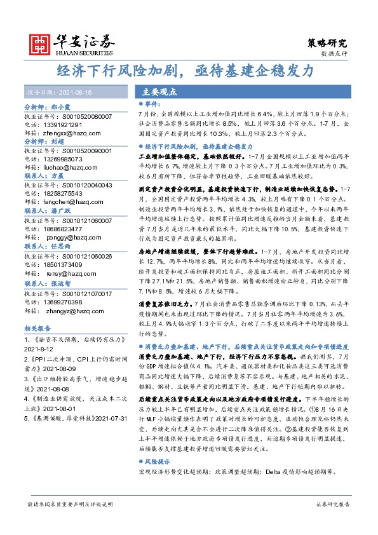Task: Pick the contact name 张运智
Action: click(x=62, y=285)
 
